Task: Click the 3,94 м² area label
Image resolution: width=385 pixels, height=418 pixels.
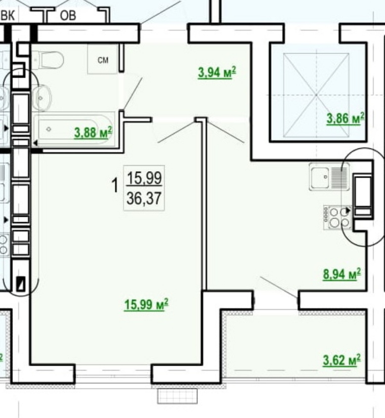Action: (x=217, y=72)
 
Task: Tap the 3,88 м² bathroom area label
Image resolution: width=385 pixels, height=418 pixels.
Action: (x=94, y=132)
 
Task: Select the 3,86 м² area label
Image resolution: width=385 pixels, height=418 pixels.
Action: (x=345, y=118)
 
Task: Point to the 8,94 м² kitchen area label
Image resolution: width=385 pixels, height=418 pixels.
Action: (x=342, y=274)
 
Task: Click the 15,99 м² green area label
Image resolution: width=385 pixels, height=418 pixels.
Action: (x=146, y=304)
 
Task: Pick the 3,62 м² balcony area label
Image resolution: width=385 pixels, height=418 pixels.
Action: (x=342, y=360)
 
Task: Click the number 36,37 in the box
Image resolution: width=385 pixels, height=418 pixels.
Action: (x=144, y=198)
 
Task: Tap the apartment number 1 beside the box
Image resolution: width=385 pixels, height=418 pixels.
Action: (x=115, y=186)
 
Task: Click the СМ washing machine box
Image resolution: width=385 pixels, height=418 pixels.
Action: (x=102, y=59)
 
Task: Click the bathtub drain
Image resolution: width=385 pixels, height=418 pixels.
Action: (x=49, y=129)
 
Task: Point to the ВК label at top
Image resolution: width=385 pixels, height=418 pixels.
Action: (x=8, y=15)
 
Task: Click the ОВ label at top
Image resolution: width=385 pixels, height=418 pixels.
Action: (x=68, y=15)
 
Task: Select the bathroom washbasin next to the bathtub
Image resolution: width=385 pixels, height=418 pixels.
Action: (x=42, y=98)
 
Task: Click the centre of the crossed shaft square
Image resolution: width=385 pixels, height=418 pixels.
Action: (x=316, y=95)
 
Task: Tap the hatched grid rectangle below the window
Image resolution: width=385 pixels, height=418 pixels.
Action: (x=177, y=396)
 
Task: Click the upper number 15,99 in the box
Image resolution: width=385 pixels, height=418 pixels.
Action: (x=144, y=178)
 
